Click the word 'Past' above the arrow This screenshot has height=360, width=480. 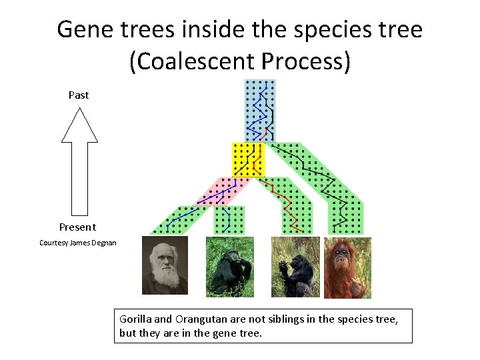click(x=79, y=95)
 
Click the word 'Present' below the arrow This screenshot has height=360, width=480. click(x=77, y=227)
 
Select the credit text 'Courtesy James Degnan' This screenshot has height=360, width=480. click(x=78, y=243)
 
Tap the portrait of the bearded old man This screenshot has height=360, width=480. click(x=165, y=265)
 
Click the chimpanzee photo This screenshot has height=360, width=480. click(x=229, y=267)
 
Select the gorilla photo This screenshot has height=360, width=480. click(x=295, y=267)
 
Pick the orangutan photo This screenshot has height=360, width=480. click(x=347, y=267)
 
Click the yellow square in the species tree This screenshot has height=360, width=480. click(x=248, y=159)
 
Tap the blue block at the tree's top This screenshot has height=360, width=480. click(x=259, y=110)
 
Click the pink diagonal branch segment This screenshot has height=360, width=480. click(x=220, y=191)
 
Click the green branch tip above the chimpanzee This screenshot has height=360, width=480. click(x=229, y=220)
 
